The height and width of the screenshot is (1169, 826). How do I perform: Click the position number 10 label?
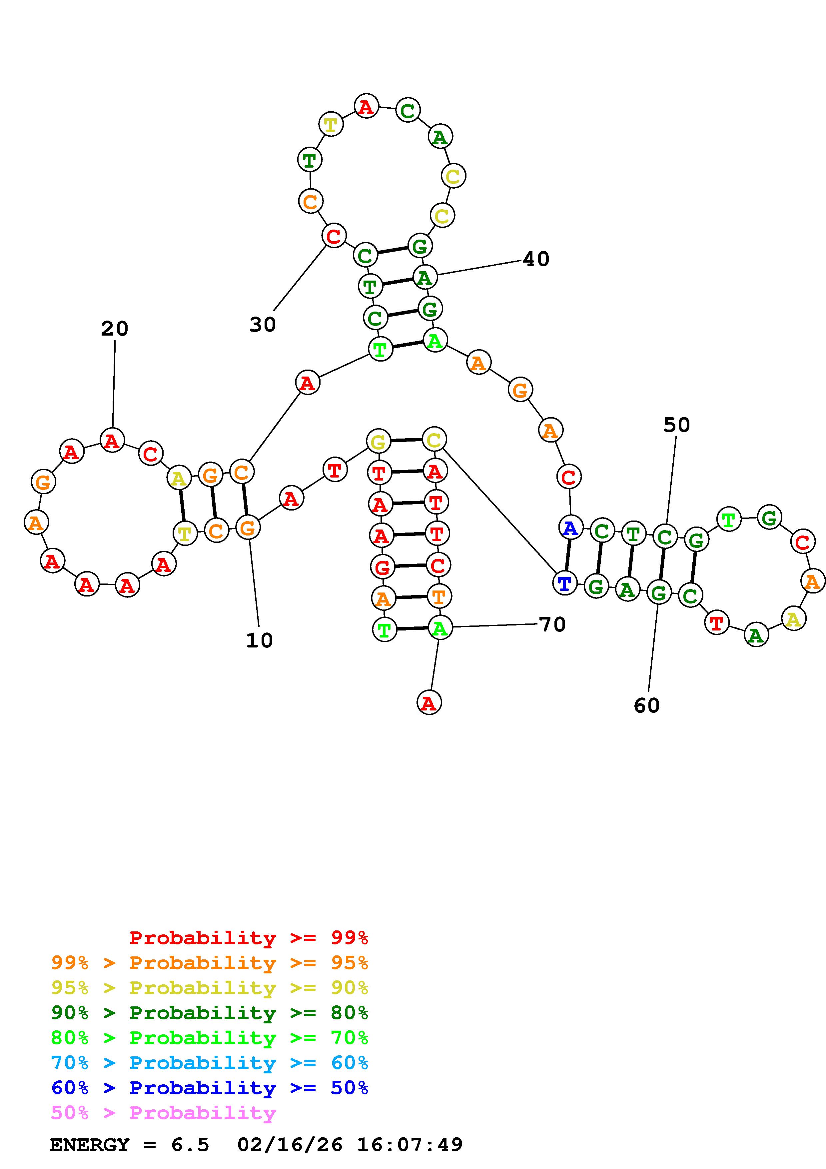[260, 640]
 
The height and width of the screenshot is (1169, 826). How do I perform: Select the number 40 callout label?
[536, 259]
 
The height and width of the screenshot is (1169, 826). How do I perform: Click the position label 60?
[647, 706]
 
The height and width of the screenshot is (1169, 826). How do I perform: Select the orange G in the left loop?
[43, 481]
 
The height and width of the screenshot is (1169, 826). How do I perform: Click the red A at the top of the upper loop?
[367, 106]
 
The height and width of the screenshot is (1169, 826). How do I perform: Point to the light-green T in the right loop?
[729, 519]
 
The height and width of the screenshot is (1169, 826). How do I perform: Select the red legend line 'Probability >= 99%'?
[249, 938]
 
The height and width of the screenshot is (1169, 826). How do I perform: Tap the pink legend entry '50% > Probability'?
[163, 1113]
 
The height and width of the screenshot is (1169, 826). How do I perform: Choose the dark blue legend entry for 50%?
[210, 1088]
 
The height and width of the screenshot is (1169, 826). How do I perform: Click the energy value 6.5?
[190, 1145]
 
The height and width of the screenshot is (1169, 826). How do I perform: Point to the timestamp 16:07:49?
[410, 1145]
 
